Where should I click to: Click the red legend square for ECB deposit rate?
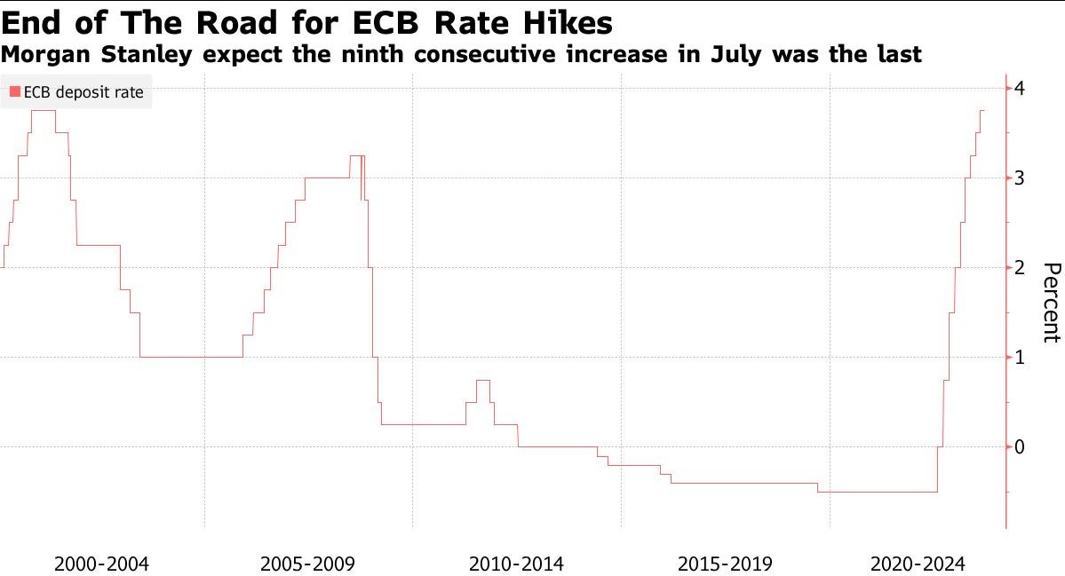pyautogui.click(x=15, y=91)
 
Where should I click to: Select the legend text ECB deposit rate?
pyautogui.click(x=83, y=91)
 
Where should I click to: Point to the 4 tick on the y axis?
pyautogui.click(x=1021, y=89)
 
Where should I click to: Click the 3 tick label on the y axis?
pyautogui.click(x=1021, y=178)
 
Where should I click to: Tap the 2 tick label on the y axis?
pyautogui.click(x=1021, y=267)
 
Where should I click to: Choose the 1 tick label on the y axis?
pyautogui.click(x=1021, y=357)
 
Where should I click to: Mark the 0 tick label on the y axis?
pyautogui.click(x=1021, y=446)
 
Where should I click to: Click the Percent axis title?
pyautogui.click(x=1051, y=302)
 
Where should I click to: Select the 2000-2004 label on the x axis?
pyautogui.click(x=101, y=564)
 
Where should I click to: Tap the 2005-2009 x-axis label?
pyautogui.click(x=308, y=564)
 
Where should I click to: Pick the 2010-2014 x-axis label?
pyautogui.click(x=516, y=564)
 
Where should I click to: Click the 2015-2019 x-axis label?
pyautogui.click(x=724, y=564)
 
